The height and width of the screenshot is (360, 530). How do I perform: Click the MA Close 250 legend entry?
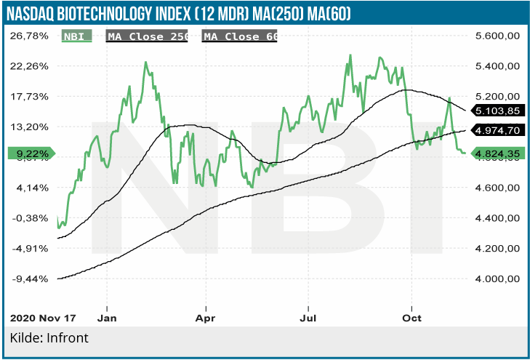click(x=148, y=36)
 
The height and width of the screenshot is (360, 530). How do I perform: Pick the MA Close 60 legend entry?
click(x=239, y=36)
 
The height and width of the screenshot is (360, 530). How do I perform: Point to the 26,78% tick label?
click(x=29, y=36)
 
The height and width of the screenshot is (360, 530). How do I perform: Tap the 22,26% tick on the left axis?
click(x=29, y=66)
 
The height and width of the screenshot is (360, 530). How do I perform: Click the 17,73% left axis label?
click(x=29, y=96)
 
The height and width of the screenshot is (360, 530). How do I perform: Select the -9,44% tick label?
click(x=29, y=279)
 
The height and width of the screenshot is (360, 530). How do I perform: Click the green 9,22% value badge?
click(x=30, y=153)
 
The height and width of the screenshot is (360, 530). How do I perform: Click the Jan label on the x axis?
click(x=107, y=318)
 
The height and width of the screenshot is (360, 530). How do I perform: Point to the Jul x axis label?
click(x=310, y=318)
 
